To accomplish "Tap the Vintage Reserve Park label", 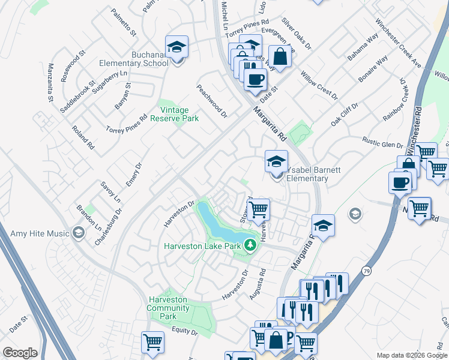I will [x=179, y=114].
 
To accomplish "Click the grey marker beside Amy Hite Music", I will [x=78, y=233].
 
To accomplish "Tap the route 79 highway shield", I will [x=367, y=271].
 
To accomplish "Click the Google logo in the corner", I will [x=20, y=353].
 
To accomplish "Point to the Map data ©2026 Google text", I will [x=411, y=355].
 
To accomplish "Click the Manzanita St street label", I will [x=51, y=82].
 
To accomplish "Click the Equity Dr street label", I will [x=184, y=331].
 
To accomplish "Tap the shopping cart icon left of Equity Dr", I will [x=152, y=343].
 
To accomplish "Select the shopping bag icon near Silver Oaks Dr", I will [x=280, y=57].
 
